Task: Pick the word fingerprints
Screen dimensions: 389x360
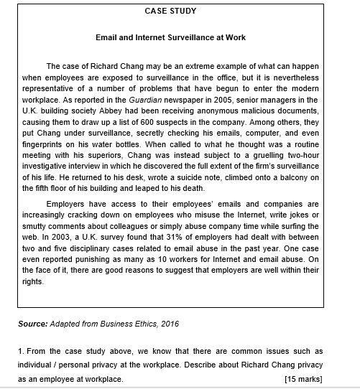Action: click(x=44, y=144)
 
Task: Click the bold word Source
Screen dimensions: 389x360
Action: click(x=32, y=324)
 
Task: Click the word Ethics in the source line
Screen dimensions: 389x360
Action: click(x=138, y=324)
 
